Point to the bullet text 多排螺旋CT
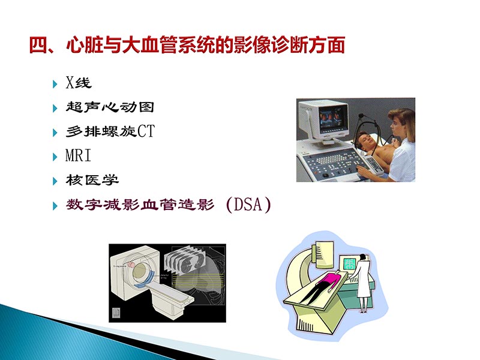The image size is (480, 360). click(x=110, y=131)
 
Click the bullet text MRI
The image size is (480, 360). click(x=78, y=156)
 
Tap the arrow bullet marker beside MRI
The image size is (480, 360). click(x=56, y=156)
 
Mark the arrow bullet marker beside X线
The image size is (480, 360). click(x=56, y=83)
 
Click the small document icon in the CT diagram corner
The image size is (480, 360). click(x=116, y=313)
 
